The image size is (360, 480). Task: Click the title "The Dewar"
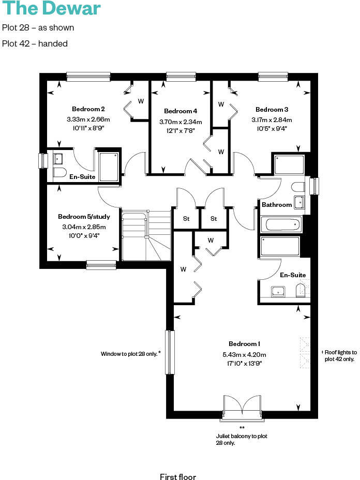click(x=51, y=9)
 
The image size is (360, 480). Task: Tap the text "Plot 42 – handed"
click(x=35, y=44)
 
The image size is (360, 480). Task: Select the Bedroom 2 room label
click(x=88, y=109)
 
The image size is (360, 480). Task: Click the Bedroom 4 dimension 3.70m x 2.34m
click(x=181, y=122)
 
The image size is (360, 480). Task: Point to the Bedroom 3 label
click(x=272, y=110)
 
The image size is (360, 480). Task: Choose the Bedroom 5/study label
click(x=83, y=217)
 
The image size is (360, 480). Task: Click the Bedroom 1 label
click(x=244, y=344)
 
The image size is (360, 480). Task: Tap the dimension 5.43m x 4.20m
click(x=244, y=354)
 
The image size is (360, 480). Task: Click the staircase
click(x=146, y=235)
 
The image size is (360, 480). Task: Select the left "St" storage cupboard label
click(x=186, y=219)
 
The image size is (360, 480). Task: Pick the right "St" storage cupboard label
click(x=214, y=219)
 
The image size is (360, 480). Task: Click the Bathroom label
click(x=276, y=205)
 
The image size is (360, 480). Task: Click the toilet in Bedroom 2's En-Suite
click(x=59, y=173)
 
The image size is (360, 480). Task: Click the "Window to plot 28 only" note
click(x=131, y=354)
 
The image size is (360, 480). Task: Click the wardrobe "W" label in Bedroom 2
click(x=141, y=101)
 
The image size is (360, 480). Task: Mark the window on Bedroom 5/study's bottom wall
click(x=101, y=265)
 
